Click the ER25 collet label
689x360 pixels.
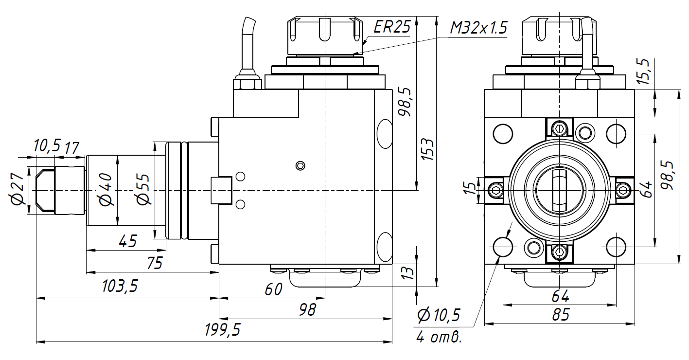pos(392,27)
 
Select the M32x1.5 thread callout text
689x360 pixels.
pos(478,28)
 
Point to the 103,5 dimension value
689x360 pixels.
pos(120,286)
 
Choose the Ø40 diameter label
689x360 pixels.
pos(106,191)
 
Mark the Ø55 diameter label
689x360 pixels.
pos(143,191)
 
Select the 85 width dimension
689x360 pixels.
pos(560,315)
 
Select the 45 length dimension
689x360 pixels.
pos(127,240)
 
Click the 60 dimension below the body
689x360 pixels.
pos(273,289)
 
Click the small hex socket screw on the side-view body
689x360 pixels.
pos(301,166)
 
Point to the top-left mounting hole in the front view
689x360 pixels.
pos(503,132)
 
